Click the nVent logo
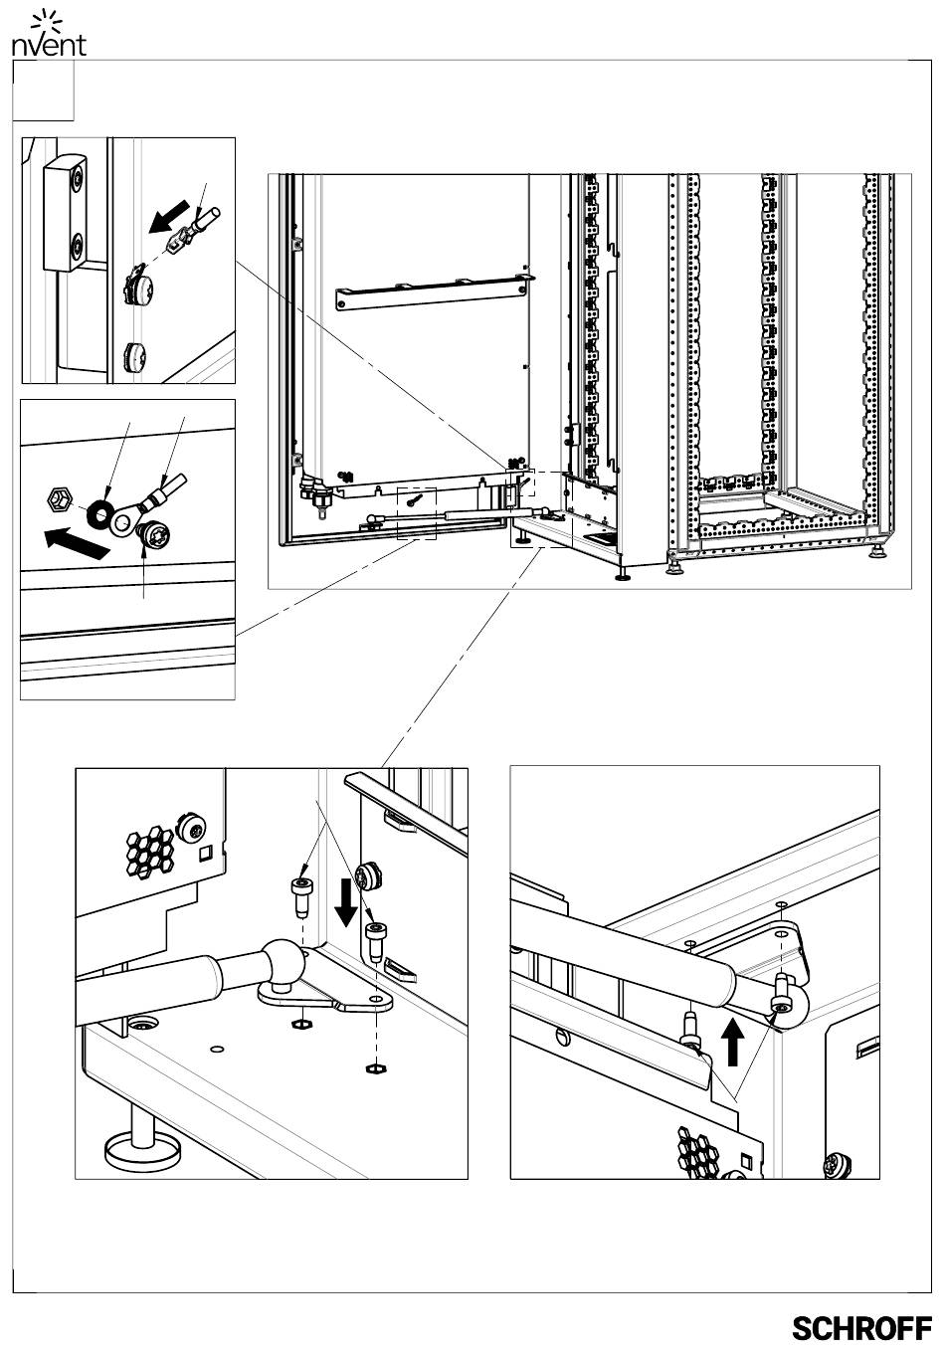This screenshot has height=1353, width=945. (x=49, y=35)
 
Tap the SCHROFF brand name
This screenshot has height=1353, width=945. (x=861, y=1328)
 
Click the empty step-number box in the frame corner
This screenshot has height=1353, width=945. (x=44, y=91)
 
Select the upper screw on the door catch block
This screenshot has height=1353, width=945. (x=78, y=177)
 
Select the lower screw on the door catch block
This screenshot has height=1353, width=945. (x=78, y=245)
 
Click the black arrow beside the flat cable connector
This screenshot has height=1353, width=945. (x=169, y=216)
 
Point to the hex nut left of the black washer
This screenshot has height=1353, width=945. (x=58, y=498)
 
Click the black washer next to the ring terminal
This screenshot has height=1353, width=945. (x=97, y=512)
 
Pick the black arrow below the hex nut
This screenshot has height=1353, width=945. (x=78, y=542)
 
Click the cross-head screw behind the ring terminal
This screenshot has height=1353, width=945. (x=153, y=534)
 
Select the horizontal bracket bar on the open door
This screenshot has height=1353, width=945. (x=435, y=291)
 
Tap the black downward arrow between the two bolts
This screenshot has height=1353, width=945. (x=346, y=902)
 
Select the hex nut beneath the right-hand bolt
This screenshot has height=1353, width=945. (x=376, y=1068)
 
